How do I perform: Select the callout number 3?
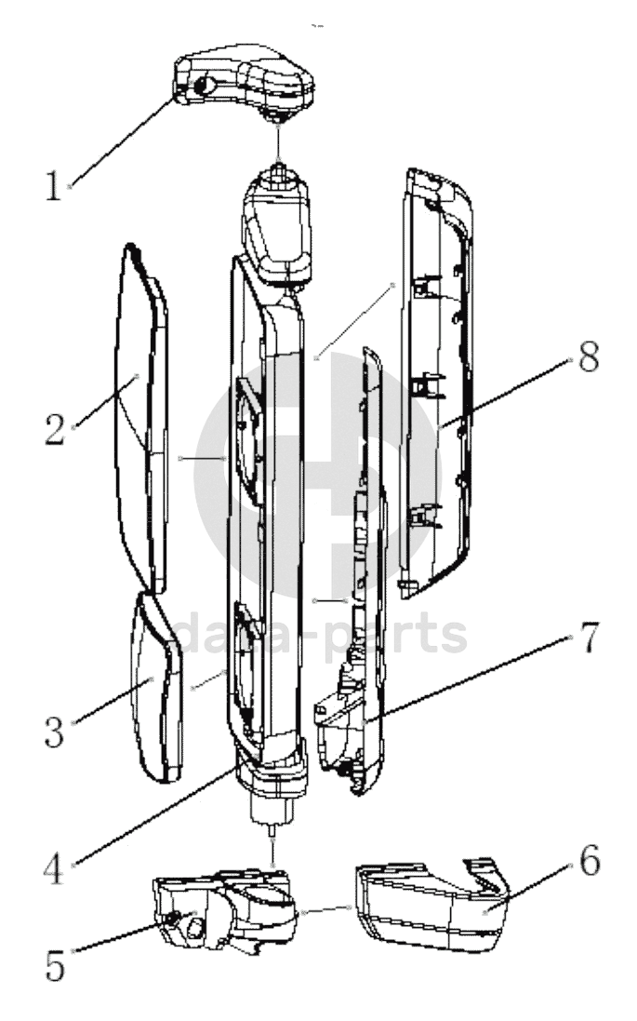[54, 732]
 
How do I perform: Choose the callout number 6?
[588, 861]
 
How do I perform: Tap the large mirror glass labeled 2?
[139, 419]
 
